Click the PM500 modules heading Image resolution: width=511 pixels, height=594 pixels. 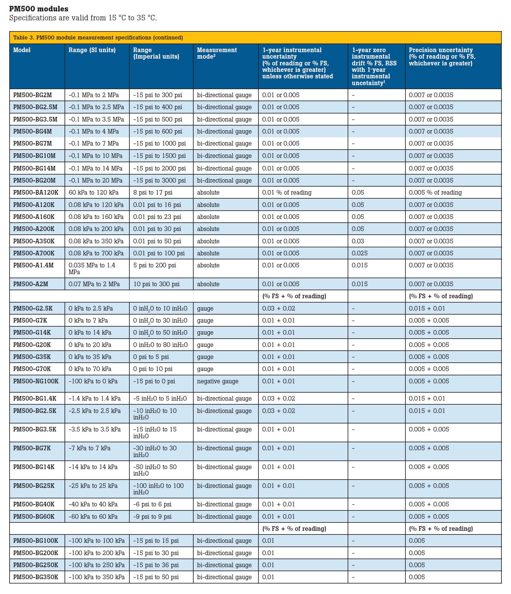click(x=39, y=9)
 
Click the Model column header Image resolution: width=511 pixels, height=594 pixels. click(x=22, y=50)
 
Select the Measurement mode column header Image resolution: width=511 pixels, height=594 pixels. click(x=217, y=53)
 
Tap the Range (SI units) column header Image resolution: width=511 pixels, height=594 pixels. click(x=92, y=50)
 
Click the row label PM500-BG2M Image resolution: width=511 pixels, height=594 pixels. click(x=32, y=95)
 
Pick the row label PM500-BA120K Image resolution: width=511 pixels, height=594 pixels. click(x=36, y=192)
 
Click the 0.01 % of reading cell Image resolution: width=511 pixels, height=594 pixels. click(x=287, y=192)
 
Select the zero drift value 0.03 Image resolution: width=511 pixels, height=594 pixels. click(x=358, y=241)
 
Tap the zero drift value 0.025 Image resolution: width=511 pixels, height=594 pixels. click(x=360, y=253)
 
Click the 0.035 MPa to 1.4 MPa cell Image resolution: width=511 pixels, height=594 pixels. click(x=92, y=268)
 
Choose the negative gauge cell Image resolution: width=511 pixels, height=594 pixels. click(x=218, y=381)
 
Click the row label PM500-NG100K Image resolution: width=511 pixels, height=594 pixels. click(x=36, y=381)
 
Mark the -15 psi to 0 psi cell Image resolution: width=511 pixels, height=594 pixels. click(x=154, y=381)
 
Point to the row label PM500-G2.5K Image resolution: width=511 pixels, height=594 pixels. click(x=33, y=308)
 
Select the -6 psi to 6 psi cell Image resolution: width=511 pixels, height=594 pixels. click(x=152, y=504)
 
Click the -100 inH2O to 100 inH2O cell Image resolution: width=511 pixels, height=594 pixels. click(x=158, y=489)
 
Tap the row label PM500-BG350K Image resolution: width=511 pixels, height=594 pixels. click(x=36, y=577)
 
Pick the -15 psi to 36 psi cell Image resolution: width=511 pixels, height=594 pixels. click(x=156, y=565)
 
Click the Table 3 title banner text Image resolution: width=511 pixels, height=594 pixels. click(x=98, y=38)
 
